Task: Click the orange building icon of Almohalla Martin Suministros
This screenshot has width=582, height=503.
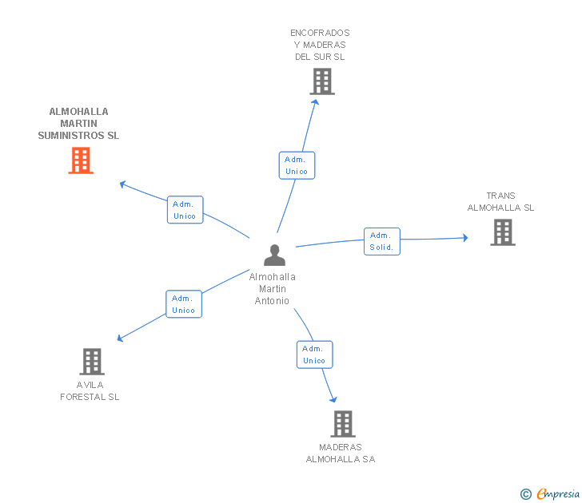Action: (x=80, y=160)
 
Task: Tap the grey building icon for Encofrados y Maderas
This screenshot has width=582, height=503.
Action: (x=321, y=81)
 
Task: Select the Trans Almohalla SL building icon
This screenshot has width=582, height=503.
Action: (x=502, y=232)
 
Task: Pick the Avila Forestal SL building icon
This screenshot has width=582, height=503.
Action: (x=92, y=362)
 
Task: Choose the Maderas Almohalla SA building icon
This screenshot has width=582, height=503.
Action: (x=342, y=424)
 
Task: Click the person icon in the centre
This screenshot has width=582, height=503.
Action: (x=274, y=255)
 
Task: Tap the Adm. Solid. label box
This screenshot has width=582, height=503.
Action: (x=381, y=241)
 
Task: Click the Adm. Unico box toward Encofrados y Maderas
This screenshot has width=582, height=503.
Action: (x=297, y=165)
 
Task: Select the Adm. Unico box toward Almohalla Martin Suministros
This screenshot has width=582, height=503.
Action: (x=185, y=210)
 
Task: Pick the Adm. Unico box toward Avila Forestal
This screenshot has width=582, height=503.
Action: (x=184, y=304)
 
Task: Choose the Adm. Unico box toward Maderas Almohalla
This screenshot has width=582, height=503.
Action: (x=314, y=354)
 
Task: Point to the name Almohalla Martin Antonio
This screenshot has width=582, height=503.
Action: (x=273, y=289)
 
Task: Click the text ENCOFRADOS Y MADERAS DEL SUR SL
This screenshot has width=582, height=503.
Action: (x=320, y=45)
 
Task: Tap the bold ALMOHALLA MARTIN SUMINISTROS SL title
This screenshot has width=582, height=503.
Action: (x=78, y=124)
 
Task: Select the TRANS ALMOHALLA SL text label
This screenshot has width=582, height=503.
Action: (x=501, y=202)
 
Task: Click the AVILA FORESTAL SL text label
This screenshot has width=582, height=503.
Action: (x=90, y=391)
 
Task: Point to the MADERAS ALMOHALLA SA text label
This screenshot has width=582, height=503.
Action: (x=341, y=453)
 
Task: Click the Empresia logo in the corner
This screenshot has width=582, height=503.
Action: (x=558, y=493)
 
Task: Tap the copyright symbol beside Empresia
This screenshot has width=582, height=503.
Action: (x=526, y=494)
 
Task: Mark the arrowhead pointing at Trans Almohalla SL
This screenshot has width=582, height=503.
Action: (x=464, y=237)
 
